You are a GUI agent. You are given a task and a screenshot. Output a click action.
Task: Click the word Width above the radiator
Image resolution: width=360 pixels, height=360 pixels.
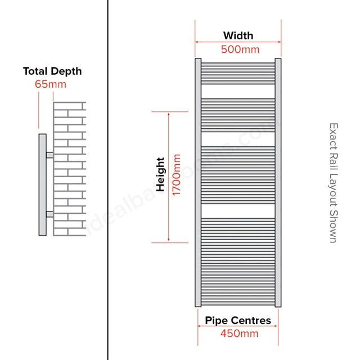coord(238,35)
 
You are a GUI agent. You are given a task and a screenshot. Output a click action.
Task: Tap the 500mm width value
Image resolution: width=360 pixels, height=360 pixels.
coord(240,49)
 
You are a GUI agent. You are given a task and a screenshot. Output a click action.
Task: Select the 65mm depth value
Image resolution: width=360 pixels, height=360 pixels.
coord(51,84)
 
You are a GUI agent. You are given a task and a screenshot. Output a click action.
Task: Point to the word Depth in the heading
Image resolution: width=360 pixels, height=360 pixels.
coord(66,71)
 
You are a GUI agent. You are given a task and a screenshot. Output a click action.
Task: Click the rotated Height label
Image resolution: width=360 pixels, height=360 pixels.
coord(160,174)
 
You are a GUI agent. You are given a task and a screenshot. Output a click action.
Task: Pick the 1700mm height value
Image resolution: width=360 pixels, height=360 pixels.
coord(177,175)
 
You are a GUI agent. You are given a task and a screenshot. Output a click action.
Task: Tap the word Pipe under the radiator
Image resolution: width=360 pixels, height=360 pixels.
coord(215,321)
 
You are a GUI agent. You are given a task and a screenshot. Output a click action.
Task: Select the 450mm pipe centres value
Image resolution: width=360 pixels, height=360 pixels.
coord(239,334)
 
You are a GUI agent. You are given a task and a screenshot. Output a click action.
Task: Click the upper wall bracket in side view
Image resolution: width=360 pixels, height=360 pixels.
coord(49,155)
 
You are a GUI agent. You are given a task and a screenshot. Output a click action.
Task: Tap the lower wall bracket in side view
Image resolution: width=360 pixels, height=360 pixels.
coord(49,214)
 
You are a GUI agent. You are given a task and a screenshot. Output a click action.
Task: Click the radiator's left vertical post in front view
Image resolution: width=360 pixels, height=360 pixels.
coord(198,182)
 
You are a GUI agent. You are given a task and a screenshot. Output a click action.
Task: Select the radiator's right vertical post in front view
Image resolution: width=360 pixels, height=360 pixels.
coord(278,182)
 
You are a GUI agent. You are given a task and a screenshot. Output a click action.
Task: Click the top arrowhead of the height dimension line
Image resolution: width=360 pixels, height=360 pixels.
coord(169,113)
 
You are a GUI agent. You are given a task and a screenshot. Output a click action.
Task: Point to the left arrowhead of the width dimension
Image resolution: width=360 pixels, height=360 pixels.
coord(196,42)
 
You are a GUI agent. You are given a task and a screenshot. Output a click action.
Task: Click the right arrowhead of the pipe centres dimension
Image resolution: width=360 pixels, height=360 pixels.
coord(276,326)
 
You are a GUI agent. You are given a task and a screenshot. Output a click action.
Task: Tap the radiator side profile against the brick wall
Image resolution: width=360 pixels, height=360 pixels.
coord(43,184)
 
